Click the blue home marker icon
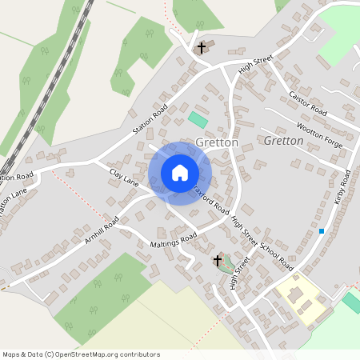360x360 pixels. point(180,173)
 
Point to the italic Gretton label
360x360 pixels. point(283,141)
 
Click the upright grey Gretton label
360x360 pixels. point(217,142)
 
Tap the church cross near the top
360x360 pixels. point(202,49)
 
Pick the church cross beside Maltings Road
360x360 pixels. point(217,261)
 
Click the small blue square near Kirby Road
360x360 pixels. point(322,231)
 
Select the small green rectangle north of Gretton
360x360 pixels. point(197,119)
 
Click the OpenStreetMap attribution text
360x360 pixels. point(81,353)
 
